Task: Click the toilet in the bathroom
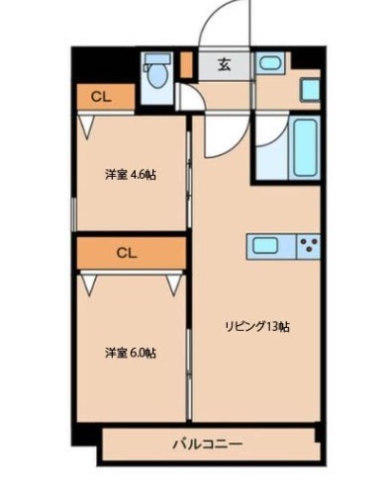click(156, 73)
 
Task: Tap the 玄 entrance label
click(224, 66)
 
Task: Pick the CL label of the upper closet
click(100, 97)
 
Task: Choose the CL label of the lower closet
click(126, 252)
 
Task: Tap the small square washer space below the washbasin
click(310, 90)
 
